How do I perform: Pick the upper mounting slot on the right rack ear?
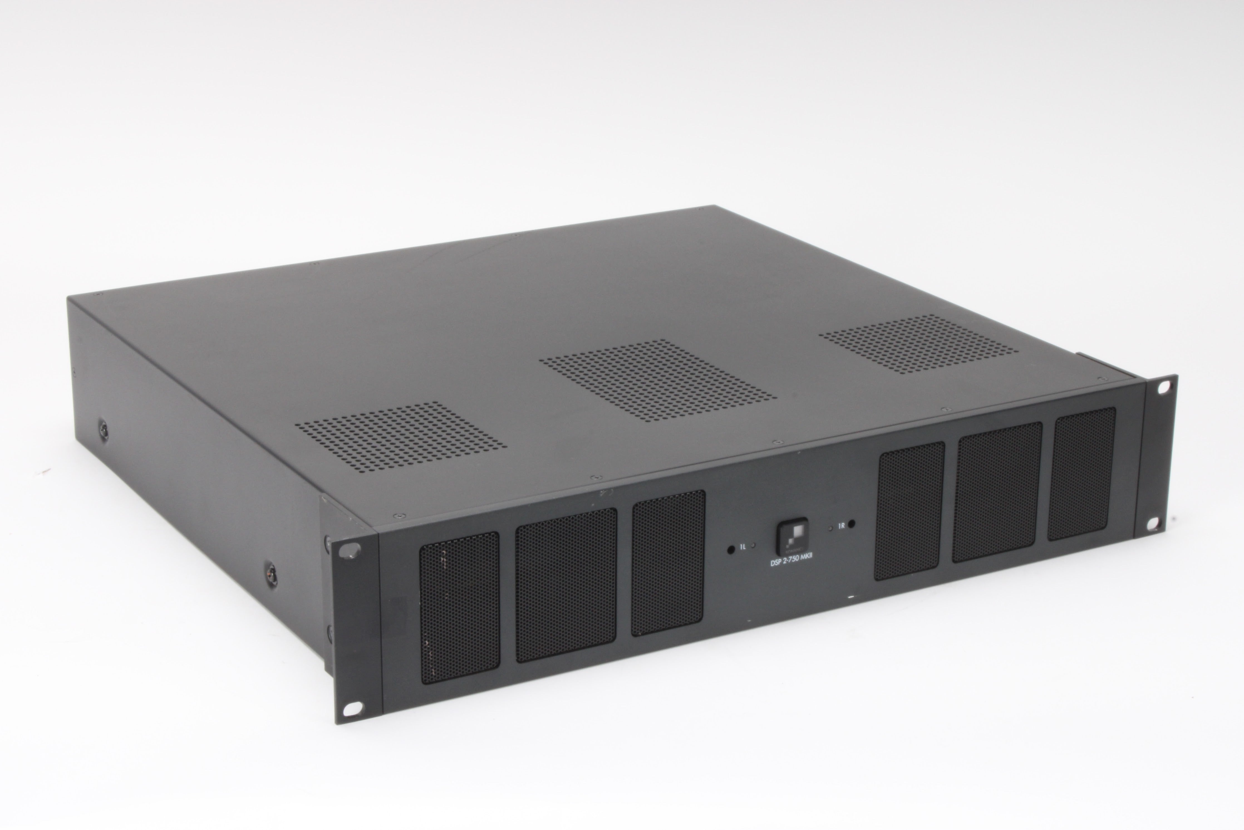(x=1162, y=387)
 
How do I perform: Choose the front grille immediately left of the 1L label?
(x=668, y=563)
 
